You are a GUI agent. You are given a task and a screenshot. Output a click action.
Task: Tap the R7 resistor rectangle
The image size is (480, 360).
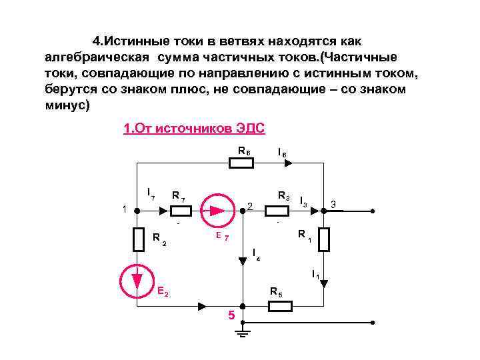pyautogui.click(x=180, y=211)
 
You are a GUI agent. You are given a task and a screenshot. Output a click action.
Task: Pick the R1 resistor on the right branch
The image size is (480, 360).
pyautogui.click(x=324, y=239)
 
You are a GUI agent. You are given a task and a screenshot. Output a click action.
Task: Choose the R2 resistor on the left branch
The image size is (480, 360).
pyautogui.click(x=138, y=239)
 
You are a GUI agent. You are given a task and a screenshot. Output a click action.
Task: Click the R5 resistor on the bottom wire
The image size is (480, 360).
pyautogui.click(x=280, y=307)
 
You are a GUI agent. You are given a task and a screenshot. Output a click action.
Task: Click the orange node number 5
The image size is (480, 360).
pyautogui.click(x=231, y=315)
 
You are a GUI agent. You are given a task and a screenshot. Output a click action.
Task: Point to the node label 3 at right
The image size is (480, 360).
pyautogui.click(x=334, y=203)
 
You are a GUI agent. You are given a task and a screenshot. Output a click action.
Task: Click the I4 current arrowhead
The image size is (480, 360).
pyautogui.click(x=243, y=262)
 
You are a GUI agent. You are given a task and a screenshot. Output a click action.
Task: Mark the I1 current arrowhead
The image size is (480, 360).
pyautogui.click(x=324, y=283)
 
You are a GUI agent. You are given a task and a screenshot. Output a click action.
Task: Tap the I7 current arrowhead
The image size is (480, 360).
pyautogui.click(x=163, y=211)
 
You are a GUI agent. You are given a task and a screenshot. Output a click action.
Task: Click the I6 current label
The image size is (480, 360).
pyautogui.click(x=282, y=153)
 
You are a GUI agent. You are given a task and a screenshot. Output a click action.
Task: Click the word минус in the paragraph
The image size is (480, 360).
pyautogui.click(x=67, y=106)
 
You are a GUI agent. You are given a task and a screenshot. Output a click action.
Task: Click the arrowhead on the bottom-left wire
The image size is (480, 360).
pyautogui.click(x=202, y=307)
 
